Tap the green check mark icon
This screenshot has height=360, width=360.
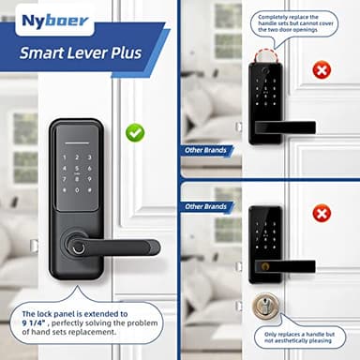click(x=135, y=132)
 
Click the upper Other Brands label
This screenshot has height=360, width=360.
click(x=204, y=150)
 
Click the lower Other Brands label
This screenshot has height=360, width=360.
click(x=205, y=206)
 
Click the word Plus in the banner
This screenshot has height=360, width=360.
click(x=125, y=52)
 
